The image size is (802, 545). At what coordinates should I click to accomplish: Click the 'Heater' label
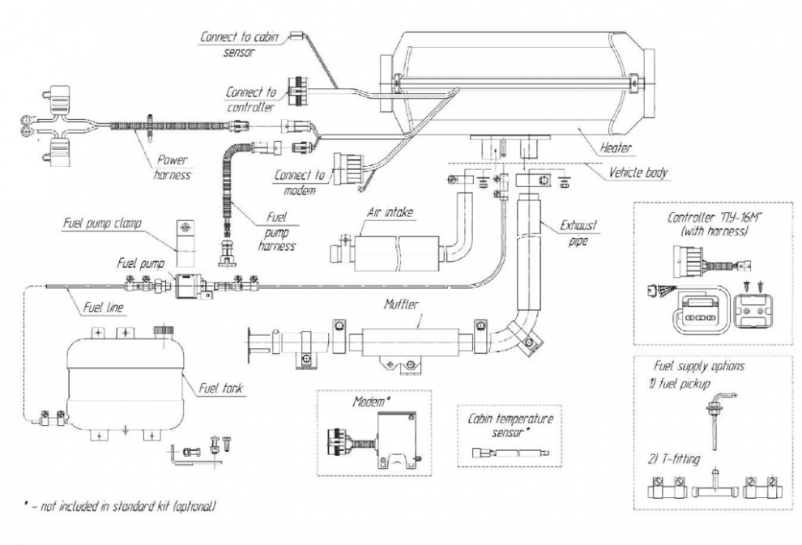(x=616, y=147)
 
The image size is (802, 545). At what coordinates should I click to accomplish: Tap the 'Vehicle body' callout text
(x=638, y=172)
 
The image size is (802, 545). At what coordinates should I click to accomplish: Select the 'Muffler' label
(x=402, y=304)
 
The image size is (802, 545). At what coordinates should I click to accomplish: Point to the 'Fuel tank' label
(x=221, y=388)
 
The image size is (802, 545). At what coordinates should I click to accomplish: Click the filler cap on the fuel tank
(x=164, y=330)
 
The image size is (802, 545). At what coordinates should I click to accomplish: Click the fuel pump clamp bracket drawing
(x=186, y=243)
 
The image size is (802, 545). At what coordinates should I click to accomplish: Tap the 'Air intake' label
(x=390, y=212)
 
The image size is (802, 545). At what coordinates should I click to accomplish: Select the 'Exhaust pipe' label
(x=578, y=232)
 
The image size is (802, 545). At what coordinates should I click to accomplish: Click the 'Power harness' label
(x=172, y=167)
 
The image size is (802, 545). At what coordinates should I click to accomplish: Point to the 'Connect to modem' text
(x=300, y=182)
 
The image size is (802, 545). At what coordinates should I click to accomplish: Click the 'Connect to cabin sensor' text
(x=239, y=44)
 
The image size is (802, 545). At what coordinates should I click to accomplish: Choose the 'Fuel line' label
(x=104, y=307)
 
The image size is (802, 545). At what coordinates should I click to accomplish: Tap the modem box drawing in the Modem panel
(x=396, y=440)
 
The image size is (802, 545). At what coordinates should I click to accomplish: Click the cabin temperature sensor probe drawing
(x=510, y=453)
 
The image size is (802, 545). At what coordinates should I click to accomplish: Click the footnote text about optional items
(x=120, y=506)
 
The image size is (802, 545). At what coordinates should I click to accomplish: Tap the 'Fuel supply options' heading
(x=698, y=366)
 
